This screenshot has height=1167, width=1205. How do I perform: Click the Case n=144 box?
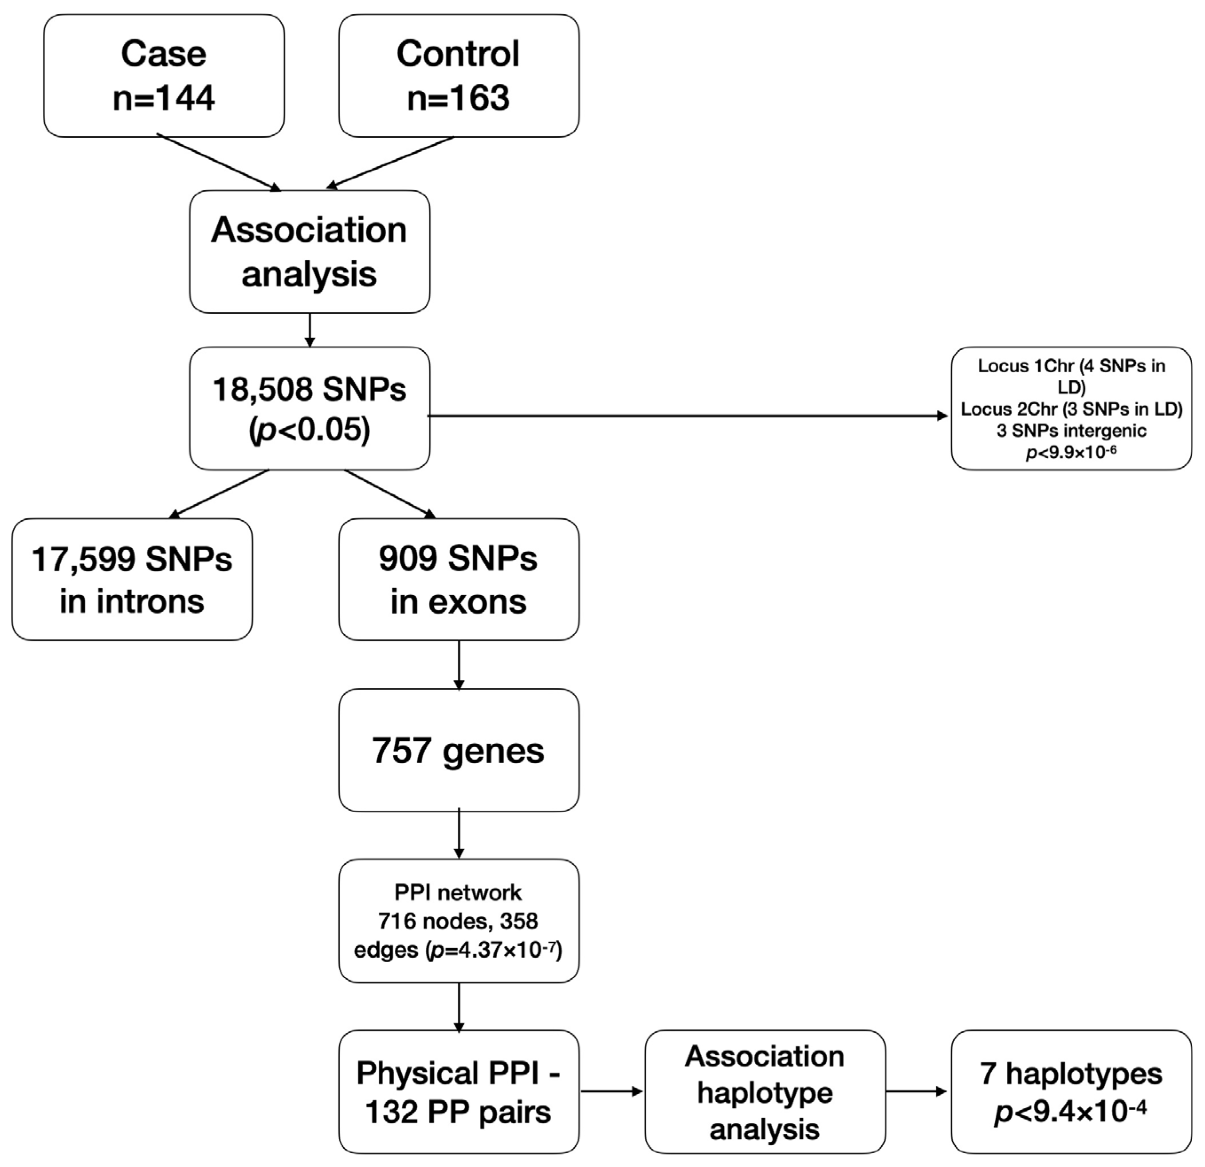pos(164,76)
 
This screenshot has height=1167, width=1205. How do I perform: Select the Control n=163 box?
pos(459,76)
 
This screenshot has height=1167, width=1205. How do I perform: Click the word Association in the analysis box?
pos(309,230)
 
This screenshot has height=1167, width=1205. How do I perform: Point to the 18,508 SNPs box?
pos(309,409)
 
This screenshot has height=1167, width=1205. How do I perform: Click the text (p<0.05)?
pos(309,429)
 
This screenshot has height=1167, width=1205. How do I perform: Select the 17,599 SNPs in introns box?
pos(132,579)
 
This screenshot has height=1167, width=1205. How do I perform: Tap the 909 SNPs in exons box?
pos(459,579)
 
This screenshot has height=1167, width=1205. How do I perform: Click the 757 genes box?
pos(459,750)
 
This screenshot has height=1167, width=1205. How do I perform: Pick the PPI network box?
pos(459,921)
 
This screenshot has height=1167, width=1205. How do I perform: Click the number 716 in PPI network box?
pos(397,921)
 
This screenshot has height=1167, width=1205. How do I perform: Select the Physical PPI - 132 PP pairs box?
pos(459,1092)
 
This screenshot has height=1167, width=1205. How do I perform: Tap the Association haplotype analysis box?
pos(765,1092)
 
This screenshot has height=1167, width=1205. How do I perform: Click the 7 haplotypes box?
pos(1071,1092)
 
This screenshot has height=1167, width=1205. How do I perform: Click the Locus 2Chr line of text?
pos(1071,409)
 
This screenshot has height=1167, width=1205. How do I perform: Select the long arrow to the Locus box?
pos(689,416)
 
